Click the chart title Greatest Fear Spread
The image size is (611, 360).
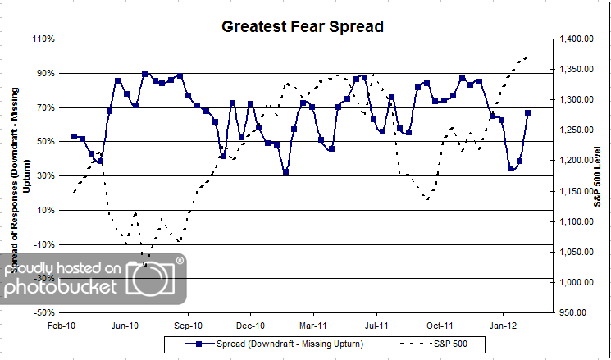303,26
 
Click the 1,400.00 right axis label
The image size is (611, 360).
576,39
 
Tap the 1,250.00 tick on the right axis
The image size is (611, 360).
576,130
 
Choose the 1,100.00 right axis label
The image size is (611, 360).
576,221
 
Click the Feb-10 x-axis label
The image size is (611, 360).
62,325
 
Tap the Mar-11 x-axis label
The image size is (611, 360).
314,325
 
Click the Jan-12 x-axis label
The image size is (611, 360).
504,325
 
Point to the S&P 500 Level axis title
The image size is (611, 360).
598,175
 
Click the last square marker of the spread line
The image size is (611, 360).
528,112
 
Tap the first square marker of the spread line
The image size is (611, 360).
74,136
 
